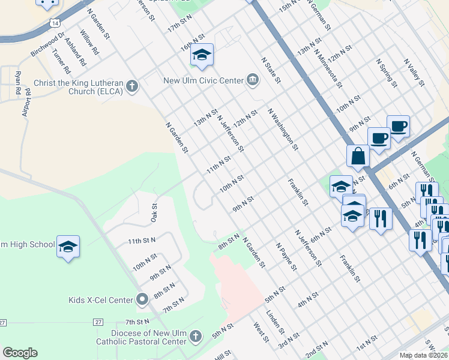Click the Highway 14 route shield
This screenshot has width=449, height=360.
click(x=55, y=22)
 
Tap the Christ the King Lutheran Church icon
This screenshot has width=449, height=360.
click(x=133, y=87)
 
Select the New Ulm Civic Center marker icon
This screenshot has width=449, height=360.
click(x=253, y=80)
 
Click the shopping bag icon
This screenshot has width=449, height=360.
click(x=358, y=155)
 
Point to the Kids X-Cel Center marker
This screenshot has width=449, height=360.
click(x=142, y=299)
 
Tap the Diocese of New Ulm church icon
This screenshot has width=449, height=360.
click(x=194, y=337)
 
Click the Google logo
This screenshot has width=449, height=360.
click(x=20, y=353)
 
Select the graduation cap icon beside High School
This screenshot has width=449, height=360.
click(x=68, y=246)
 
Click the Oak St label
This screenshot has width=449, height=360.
click(x=154, y=212)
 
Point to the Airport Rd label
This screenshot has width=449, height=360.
click(x=26, y=104)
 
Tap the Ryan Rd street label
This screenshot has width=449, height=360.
click(x=18, y=83)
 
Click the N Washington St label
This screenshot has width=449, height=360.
click(x=283, y=129)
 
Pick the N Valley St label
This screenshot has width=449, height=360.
click(x=415, y=73)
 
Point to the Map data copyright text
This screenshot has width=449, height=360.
click(x=423, y=355)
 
